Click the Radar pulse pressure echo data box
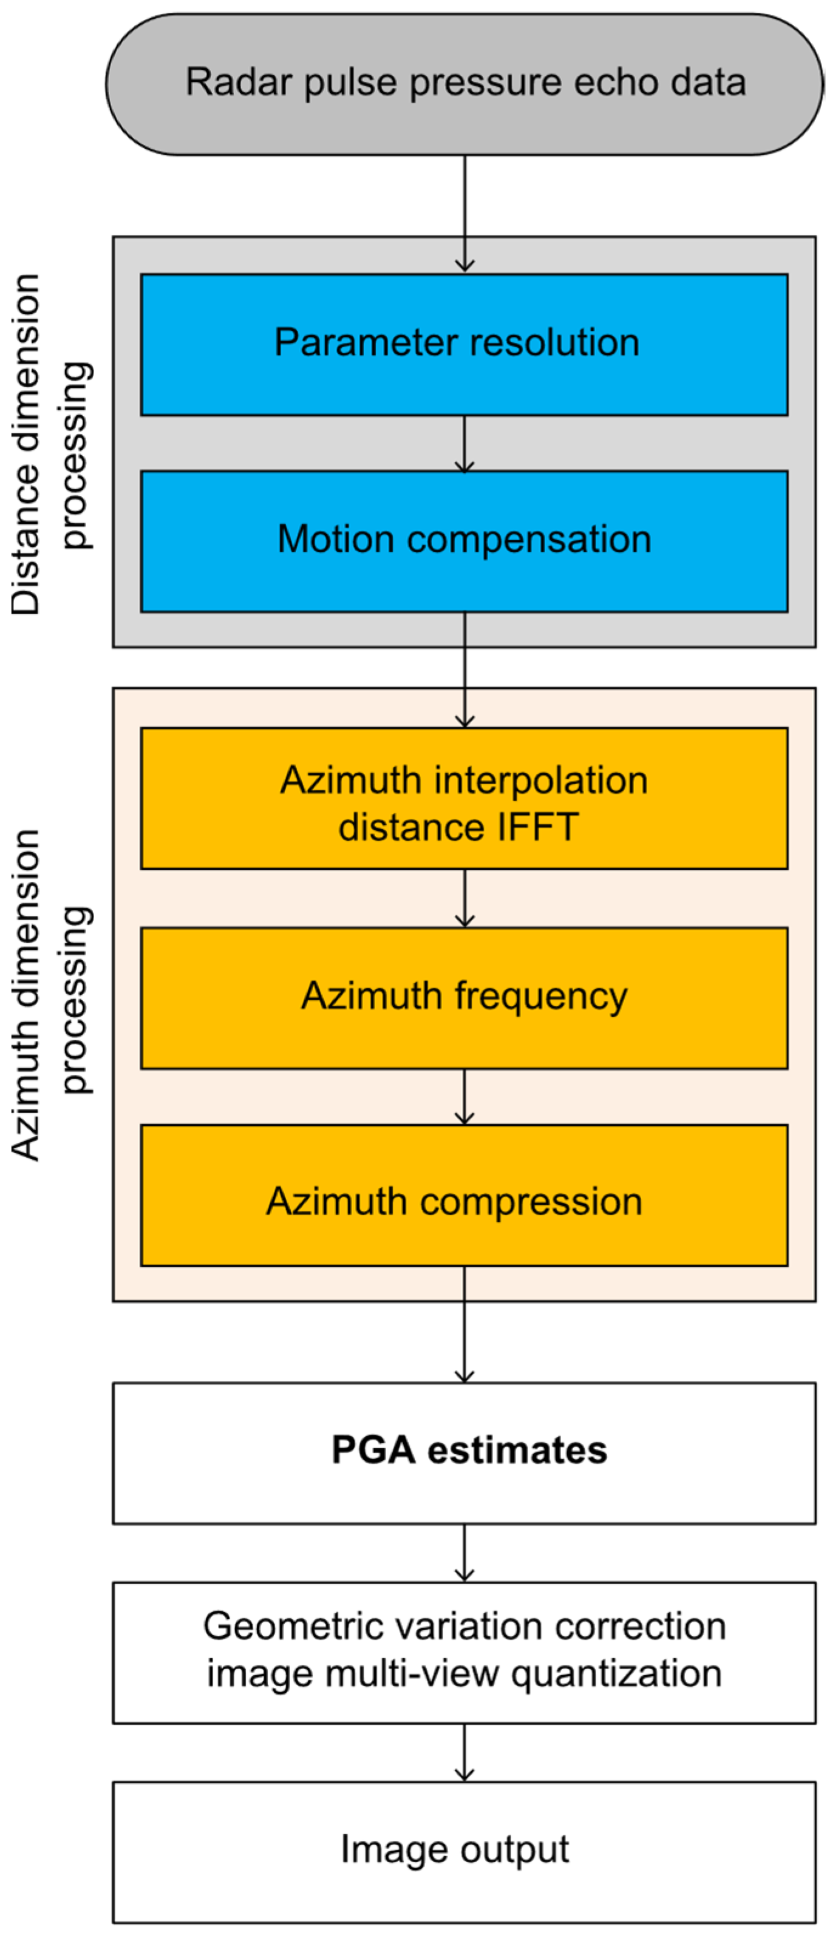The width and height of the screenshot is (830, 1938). pyautogui.click(x=464, y=84)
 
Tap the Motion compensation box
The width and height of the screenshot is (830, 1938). pyautogui.click(x=464, y=541)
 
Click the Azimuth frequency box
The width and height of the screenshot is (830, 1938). pyautogui.click(x=464, y=998)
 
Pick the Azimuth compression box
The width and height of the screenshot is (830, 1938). pyautogui.click(x=464, y=1196)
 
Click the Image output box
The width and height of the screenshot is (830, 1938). pyautogui.click(x=464, y=1851)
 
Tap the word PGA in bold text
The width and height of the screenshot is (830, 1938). pyautogui.click(x=373, y=1450)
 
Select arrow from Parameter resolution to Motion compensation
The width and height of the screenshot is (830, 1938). pyautogui.click(x=464, y=443)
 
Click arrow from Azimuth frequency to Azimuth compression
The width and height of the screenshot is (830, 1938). pyautogui.click(x=464, y=1096)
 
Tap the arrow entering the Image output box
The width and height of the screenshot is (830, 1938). pyautogui.click(x=464, y=1752)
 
